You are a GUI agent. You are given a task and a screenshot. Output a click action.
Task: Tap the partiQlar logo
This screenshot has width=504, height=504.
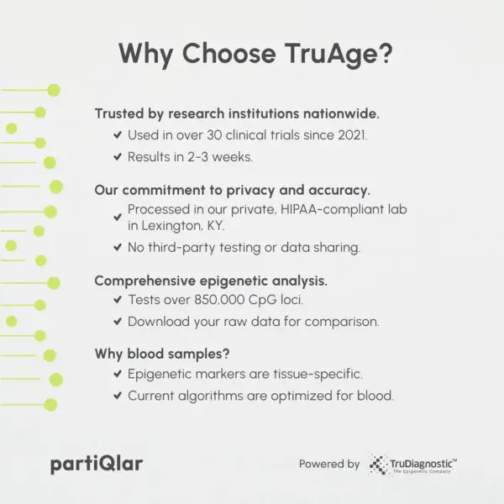tap(96, 463)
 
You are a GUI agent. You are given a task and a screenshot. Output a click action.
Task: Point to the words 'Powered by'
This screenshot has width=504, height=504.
tap(329, 464)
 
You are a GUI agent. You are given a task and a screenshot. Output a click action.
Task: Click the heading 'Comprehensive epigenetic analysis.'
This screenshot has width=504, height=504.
tap(211, 280)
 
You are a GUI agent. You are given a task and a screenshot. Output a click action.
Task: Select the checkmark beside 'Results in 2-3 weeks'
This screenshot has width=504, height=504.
tap(117, 157)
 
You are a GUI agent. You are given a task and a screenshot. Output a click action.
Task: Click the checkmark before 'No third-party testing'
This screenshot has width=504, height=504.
tap(117, 248)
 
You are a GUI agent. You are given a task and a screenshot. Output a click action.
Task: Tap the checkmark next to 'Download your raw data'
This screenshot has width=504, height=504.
tap(117, 322)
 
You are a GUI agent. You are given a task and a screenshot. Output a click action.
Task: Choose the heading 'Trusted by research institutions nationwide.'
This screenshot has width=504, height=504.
tap(237, 113)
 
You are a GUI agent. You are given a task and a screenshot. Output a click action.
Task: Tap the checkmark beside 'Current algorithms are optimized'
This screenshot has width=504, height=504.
tap(117, 396)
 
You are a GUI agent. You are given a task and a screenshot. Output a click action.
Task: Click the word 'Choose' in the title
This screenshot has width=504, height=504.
tap(228, 53)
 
